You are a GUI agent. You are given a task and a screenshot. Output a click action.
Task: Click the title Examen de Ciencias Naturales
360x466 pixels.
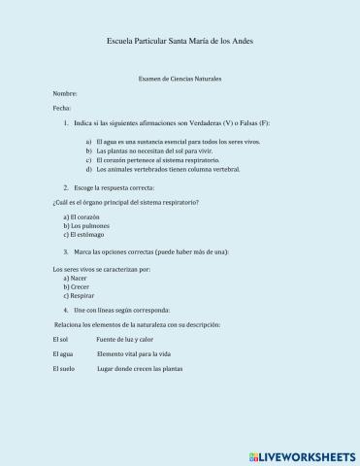(x=180, y=78)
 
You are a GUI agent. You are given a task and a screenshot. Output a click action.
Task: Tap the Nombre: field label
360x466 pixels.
(x=66, y=93)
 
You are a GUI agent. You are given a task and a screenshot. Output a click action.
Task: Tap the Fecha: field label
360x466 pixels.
(x=62, y=109)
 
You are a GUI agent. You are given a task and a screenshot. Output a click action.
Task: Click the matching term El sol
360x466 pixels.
(x=61, y=339)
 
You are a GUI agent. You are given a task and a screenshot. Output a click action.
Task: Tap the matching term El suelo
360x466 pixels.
(x=64, y=370)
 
